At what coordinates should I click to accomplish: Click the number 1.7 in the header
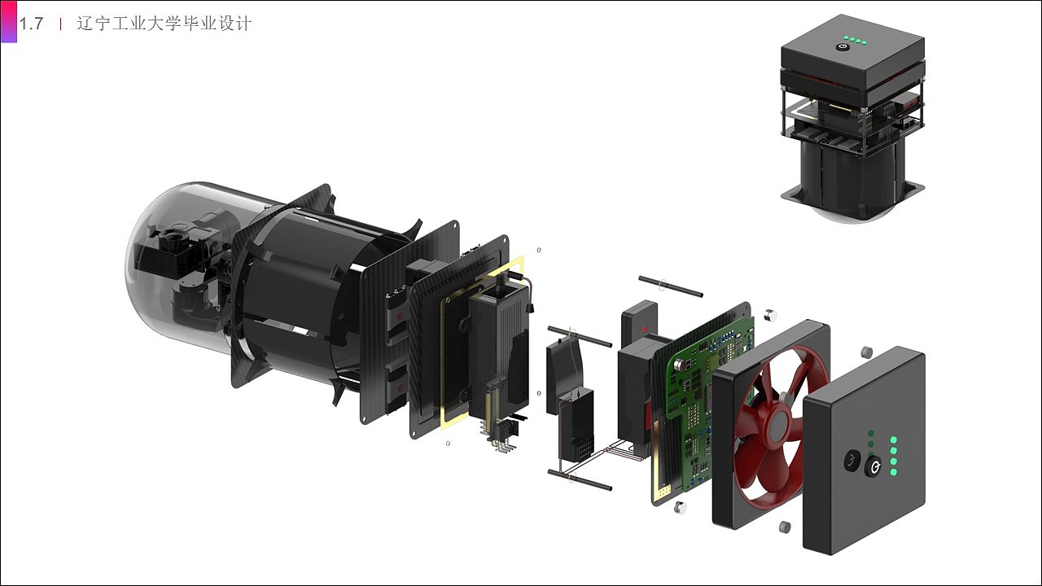(x=31, y=24)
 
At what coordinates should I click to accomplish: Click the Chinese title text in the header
(x=164, y=24)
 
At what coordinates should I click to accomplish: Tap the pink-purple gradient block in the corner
(x=9, y=22)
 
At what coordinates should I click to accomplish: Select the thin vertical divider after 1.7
(x=60, y=24)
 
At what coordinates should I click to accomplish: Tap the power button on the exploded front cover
(x=873, y=466)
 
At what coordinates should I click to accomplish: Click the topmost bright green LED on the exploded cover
(x=893, y=440)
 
